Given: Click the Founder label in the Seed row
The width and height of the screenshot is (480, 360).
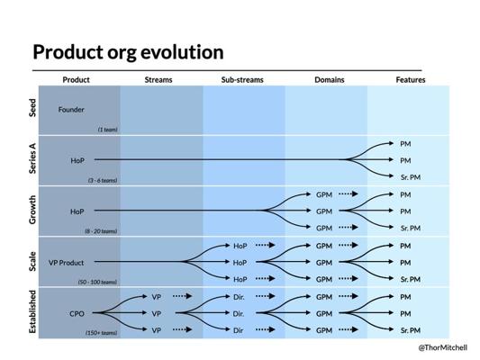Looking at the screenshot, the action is tap(71, 110).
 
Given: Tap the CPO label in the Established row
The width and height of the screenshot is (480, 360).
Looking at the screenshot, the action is tap(77, 314).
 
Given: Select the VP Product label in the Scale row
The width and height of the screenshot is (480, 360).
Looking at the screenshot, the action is tap(66, 263).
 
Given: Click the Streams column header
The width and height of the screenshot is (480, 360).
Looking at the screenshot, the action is tap(158, 80).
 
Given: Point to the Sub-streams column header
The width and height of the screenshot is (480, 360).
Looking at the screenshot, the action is tap(242, 80).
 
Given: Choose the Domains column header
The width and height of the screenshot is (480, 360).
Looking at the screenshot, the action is tap(330, 80).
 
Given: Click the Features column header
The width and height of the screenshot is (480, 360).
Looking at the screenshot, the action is tap(411, 80).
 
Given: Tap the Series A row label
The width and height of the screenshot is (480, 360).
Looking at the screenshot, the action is tap(32, 158).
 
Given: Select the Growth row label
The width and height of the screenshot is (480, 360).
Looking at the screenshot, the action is tap(32, 210).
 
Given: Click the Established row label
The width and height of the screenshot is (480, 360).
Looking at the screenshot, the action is tap(32, 311).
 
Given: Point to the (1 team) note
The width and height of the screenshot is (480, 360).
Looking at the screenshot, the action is tap(107, 130).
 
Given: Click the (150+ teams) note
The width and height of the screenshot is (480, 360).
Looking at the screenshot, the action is tap(102, 333).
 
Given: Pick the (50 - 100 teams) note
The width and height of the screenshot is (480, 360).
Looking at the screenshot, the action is tap(97, 282).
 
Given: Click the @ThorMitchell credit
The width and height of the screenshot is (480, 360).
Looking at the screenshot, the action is tap(443, 347).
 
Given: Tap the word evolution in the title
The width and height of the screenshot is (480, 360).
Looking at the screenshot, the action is tap(182, 52).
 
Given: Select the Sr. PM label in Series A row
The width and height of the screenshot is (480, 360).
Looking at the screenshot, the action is tap(411, 177).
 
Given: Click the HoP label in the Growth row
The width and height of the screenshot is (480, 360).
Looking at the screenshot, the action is tap(77, 211).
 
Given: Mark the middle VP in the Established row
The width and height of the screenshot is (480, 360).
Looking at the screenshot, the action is tap(157, 314).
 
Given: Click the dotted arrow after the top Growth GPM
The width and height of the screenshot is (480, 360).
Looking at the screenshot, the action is tap(349, 193).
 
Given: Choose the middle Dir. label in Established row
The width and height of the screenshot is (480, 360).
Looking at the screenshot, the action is tap(239, 314).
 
